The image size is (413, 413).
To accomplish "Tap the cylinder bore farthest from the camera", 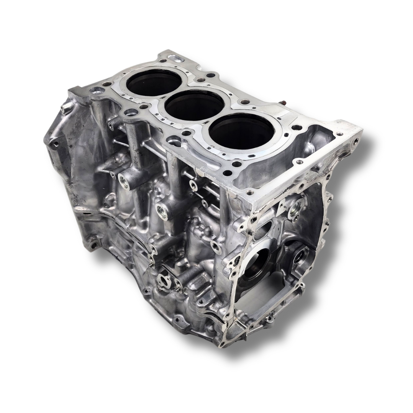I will (x=154, y=83).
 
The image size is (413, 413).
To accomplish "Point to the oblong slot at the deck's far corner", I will (x=175, y=59).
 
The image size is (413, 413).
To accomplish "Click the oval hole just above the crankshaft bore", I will (x=263, y=231).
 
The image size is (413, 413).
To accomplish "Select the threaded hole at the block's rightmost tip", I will (x=356, y=141).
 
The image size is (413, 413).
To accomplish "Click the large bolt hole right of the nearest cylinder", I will (x=297, y=128).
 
